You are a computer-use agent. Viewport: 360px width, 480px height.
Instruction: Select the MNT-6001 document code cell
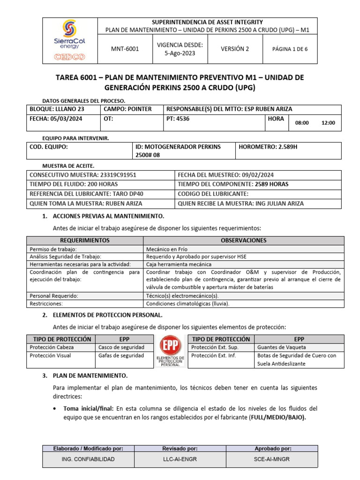[124, 49]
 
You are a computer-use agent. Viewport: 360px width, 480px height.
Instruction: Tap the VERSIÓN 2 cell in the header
[235, 49]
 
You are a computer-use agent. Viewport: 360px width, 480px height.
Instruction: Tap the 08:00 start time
[302, 123]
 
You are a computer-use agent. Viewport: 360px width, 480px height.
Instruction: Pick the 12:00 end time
[328, 123]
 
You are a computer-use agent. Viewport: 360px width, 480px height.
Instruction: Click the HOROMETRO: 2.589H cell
[288, 151]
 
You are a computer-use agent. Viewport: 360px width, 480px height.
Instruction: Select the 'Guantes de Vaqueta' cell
[299, 347]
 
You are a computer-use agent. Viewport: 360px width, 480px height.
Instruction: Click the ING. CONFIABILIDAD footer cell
[88, 459]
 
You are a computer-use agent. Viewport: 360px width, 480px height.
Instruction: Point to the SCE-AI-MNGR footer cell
[272, 459]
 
